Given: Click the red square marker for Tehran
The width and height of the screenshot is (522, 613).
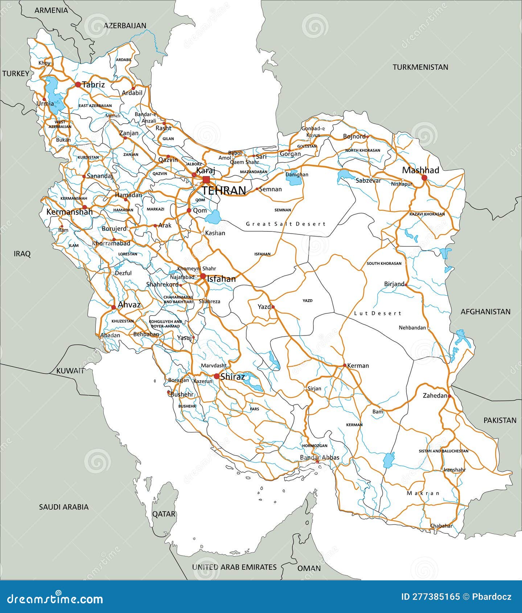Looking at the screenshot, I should pos(206,180).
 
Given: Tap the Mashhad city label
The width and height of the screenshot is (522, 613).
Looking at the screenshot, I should pos(420,170).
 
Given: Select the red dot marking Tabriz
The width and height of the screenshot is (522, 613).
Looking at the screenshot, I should pos(78,85).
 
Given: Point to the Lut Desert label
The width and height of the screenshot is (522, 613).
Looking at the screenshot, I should pos(378,313).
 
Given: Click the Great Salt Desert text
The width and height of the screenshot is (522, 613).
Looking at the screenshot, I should pos(286,224).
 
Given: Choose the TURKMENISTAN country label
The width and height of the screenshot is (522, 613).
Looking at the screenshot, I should pos(420,67).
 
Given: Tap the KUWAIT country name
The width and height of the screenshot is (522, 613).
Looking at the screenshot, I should pos(70,371).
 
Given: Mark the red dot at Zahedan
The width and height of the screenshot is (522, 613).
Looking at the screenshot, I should pos(449,396).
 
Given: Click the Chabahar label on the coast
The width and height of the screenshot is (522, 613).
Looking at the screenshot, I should pos(441,526).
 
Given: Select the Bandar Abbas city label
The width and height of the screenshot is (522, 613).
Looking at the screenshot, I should pos(320,457).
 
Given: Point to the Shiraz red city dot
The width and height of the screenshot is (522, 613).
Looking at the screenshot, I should pos(217,377).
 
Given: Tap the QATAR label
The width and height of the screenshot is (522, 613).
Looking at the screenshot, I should pos(164,514).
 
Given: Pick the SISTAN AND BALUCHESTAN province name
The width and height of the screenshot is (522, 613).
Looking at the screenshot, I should pos(443,451).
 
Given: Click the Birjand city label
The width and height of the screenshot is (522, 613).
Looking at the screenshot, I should pos(394,284).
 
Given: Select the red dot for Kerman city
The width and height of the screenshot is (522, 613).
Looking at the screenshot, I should pos(345,365).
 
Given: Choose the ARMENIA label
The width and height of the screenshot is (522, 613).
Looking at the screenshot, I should pos(51,10).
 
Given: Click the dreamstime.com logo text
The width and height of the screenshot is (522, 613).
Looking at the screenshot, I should pos(55,598).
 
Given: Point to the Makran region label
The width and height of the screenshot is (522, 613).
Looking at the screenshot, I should pos(423,493).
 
